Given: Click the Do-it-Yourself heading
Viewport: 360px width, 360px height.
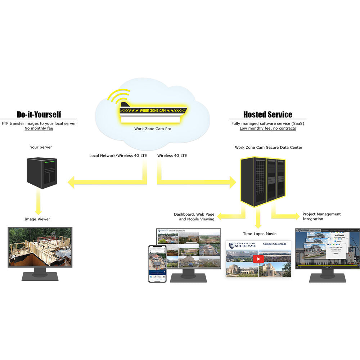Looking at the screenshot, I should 39,114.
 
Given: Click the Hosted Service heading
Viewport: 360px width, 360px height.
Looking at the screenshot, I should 267,114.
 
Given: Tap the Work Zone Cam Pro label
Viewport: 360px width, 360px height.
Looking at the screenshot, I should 153,129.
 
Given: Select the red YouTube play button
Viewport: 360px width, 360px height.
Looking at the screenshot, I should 258,259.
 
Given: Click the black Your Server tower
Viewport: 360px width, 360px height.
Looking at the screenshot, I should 42,172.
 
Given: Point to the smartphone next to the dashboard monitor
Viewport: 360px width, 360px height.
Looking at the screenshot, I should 157,264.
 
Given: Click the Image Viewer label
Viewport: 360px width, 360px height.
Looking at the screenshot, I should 37,219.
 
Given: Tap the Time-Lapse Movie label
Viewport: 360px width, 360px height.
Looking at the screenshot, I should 258,234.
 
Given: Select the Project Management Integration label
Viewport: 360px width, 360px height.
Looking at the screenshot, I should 321,216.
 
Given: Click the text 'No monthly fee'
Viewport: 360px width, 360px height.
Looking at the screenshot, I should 39,128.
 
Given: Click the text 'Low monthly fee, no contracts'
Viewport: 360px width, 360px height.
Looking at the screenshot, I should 268,128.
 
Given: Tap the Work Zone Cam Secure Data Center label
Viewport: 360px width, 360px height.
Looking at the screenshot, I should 269,147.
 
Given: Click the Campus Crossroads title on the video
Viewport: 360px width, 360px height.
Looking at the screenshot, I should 274,244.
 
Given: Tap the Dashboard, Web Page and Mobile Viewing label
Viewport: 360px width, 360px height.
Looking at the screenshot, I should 194,216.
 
